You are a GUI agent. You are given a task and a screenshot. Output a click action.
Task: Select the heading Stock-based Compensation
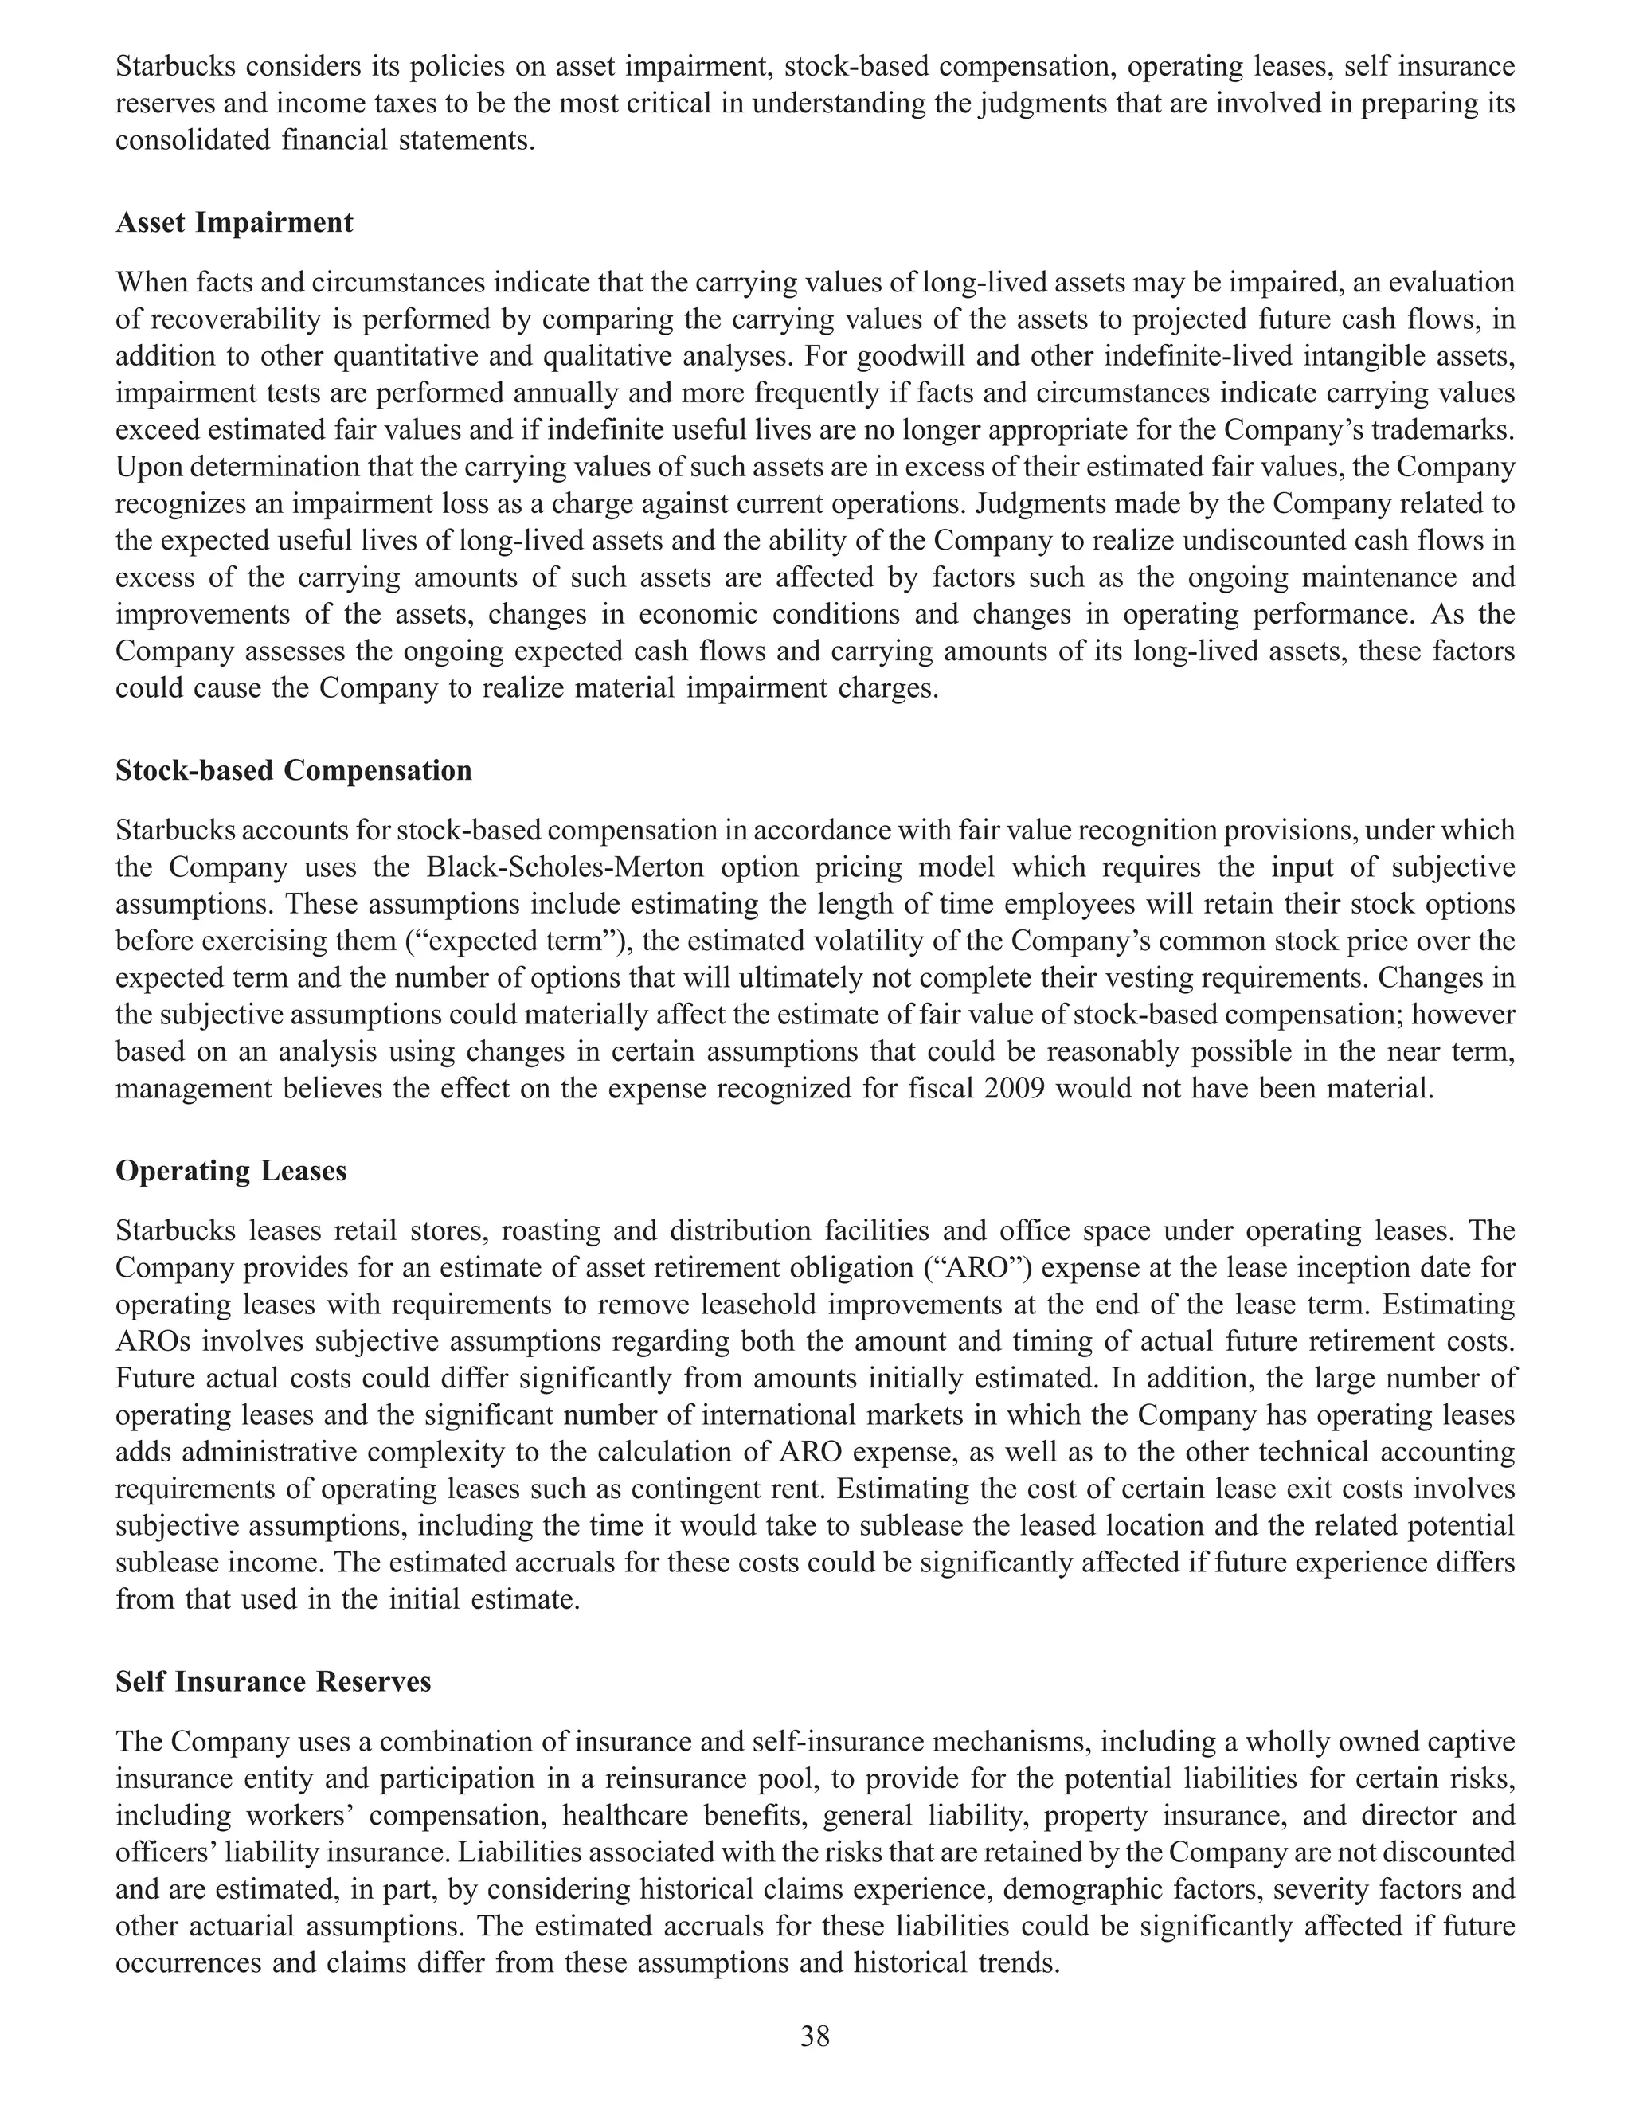(x=293, y=771)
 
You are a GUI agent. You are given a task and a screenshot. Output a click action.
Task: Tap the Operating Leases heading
(x=231, y=1171)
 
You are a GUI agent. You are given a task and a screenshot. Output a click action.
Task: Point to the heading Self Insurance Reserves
(x=273, y=1681)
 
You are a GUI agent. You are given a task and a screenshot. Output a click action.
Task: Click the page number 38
(x=815, y=2036)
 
